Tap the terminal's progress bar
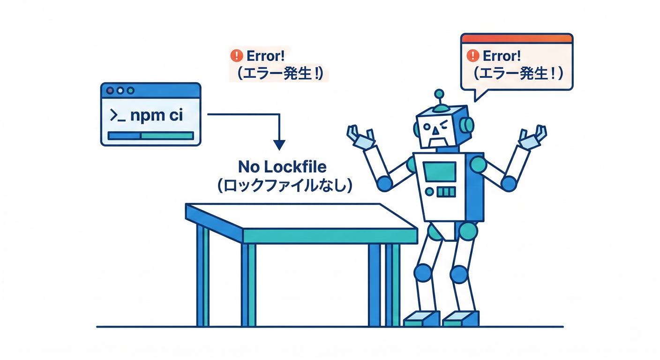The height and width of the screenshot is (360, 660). pos(150,135)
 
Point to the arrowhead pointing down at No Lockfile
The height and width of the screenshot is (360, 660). pos(279,144)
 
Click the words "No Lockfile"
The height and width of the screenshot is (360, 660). pos(282,167)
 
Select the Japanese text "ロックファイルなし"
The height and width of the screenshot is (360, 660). pos(282,186)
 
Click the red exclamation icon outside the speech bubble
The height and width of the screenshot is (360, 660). pos(236,56)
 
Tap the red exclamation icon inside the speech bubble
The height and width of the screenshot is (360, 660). pos(473,56)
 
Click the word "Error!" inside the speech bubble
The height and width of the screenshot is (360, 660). pos(502,56)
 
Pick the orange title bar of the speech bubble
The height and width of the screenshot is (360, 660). pos(517,38)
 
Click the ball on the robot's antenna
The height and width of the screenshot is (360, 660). pos(439,93)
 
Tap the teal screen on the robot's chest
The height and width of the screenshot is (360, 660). pos(439,172)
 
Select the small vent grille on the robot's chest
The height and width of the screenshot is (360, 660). pos(446,192)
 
